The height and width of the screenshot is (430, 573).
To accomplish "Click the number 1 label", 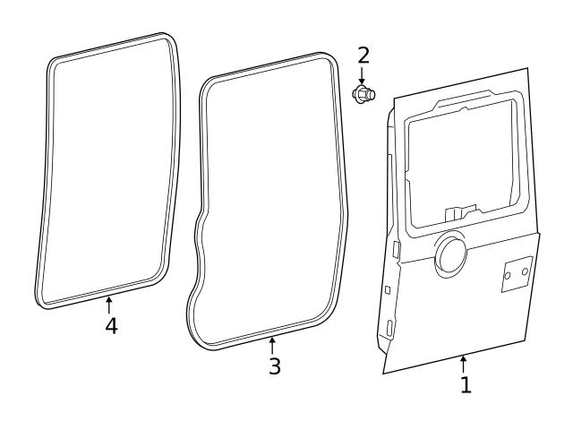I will point(465,385).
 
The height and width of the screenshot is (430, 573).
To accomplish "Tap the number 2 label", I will point(363,55).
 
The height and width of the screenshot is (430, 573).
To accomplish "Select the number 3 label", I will point(275,365).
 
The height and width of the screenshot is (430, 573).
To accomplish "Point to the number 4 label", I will point(111,326).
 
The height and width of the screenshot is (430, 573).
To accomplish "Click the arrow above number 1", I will point(464,363).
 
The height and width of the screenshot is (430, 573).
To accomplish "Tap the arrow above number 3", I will point(272,343).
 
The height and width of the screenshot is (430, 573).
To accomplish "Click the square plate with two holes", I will point(517,274).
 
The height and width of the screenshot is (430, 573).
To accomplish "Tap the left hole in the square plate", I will point(508,276).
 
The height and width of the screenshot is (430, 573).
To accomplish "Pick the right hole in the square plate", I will point(526,271).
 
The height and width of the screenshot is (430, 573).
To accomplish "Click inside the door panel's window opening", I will point(461,161).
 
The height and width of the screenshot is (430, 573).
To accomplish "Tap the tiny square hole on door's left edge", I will point(387,289).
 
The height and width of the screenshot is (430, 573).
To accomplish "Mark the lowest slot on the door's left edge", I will point(391,328).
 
